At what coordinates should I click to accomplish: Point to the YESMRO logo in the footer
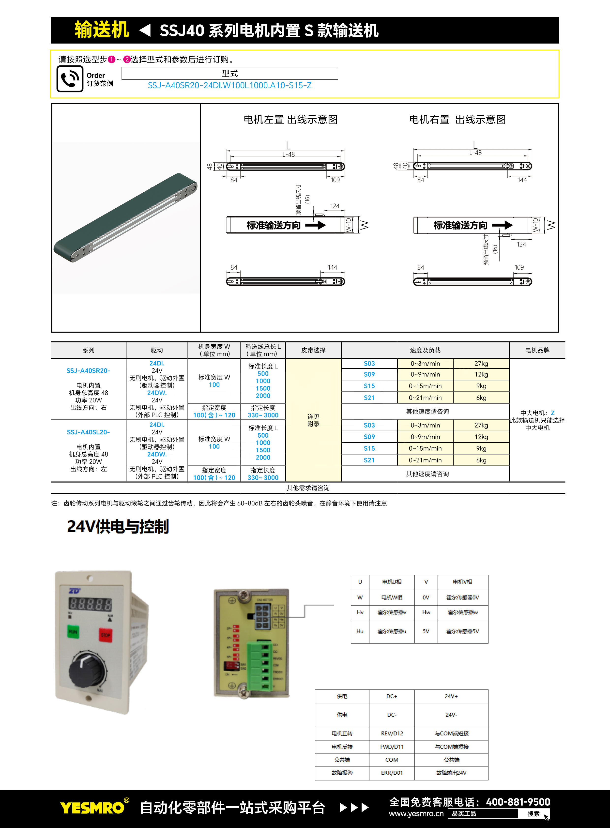pos(93,808)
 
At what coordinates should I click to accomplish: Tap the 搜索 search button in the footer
pos(533,813)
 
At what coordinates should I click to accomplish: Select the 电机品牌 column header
pos(537,350)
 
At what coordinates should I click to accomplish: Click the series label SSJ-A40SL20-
pos(88,432)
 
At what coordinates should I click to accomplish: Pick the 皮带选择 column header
pos(313,350)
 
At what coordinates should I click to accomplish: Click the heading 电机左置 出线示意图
pos(290,120)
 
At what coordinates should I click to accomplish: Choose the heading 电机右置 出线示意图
pos(457,120)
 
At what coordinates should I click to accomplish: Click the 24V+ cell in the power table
pos(451,696)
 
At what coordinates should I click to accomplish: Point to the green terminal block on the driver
pos(260,665)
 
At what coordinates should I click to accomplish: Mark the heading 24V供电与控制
pos(118,527)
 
